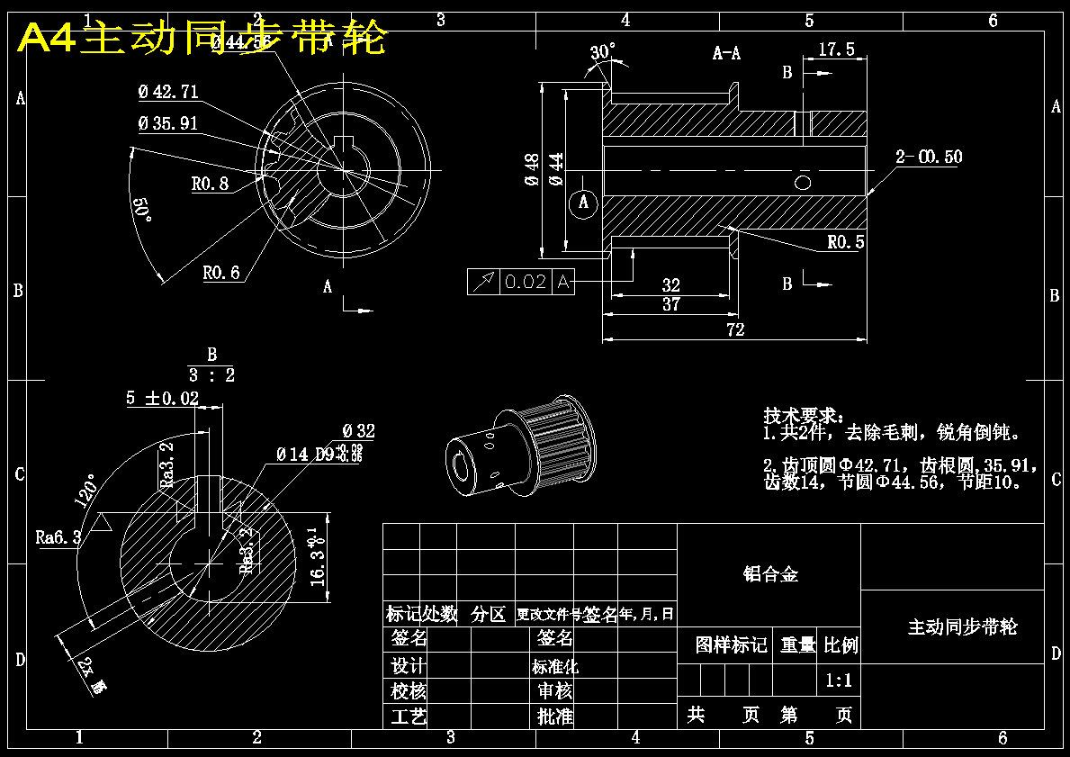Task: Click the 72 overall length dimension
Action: pos(735,329)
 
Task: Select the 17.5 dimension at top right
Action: pos(836,50)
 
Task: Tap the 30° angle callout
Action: pos(604,51)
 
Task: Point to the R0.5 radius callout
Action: pos(845,242)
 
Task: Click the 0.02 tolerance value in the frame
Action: pos(526,282)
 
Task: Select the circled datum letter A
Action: pos(583,203)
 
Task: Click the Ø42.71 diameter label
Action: pos(168,92)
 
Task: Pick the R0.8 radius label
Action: pos(210,184)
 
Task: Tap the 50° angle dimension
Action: pos(142,211)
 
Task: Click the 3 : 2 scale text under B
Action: pos(211,375)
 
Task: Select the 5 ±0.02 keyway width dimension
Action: pos(162,398)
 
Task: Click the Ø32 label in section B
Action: pos(358,432)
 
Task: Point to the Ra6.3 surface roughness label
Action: pos(58,537)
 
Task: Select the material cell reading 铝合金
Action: pos(769,574)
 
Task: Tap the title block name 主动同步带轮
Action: pos(962,626)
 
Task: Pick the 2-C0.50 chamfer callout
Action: pos(929,158)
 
